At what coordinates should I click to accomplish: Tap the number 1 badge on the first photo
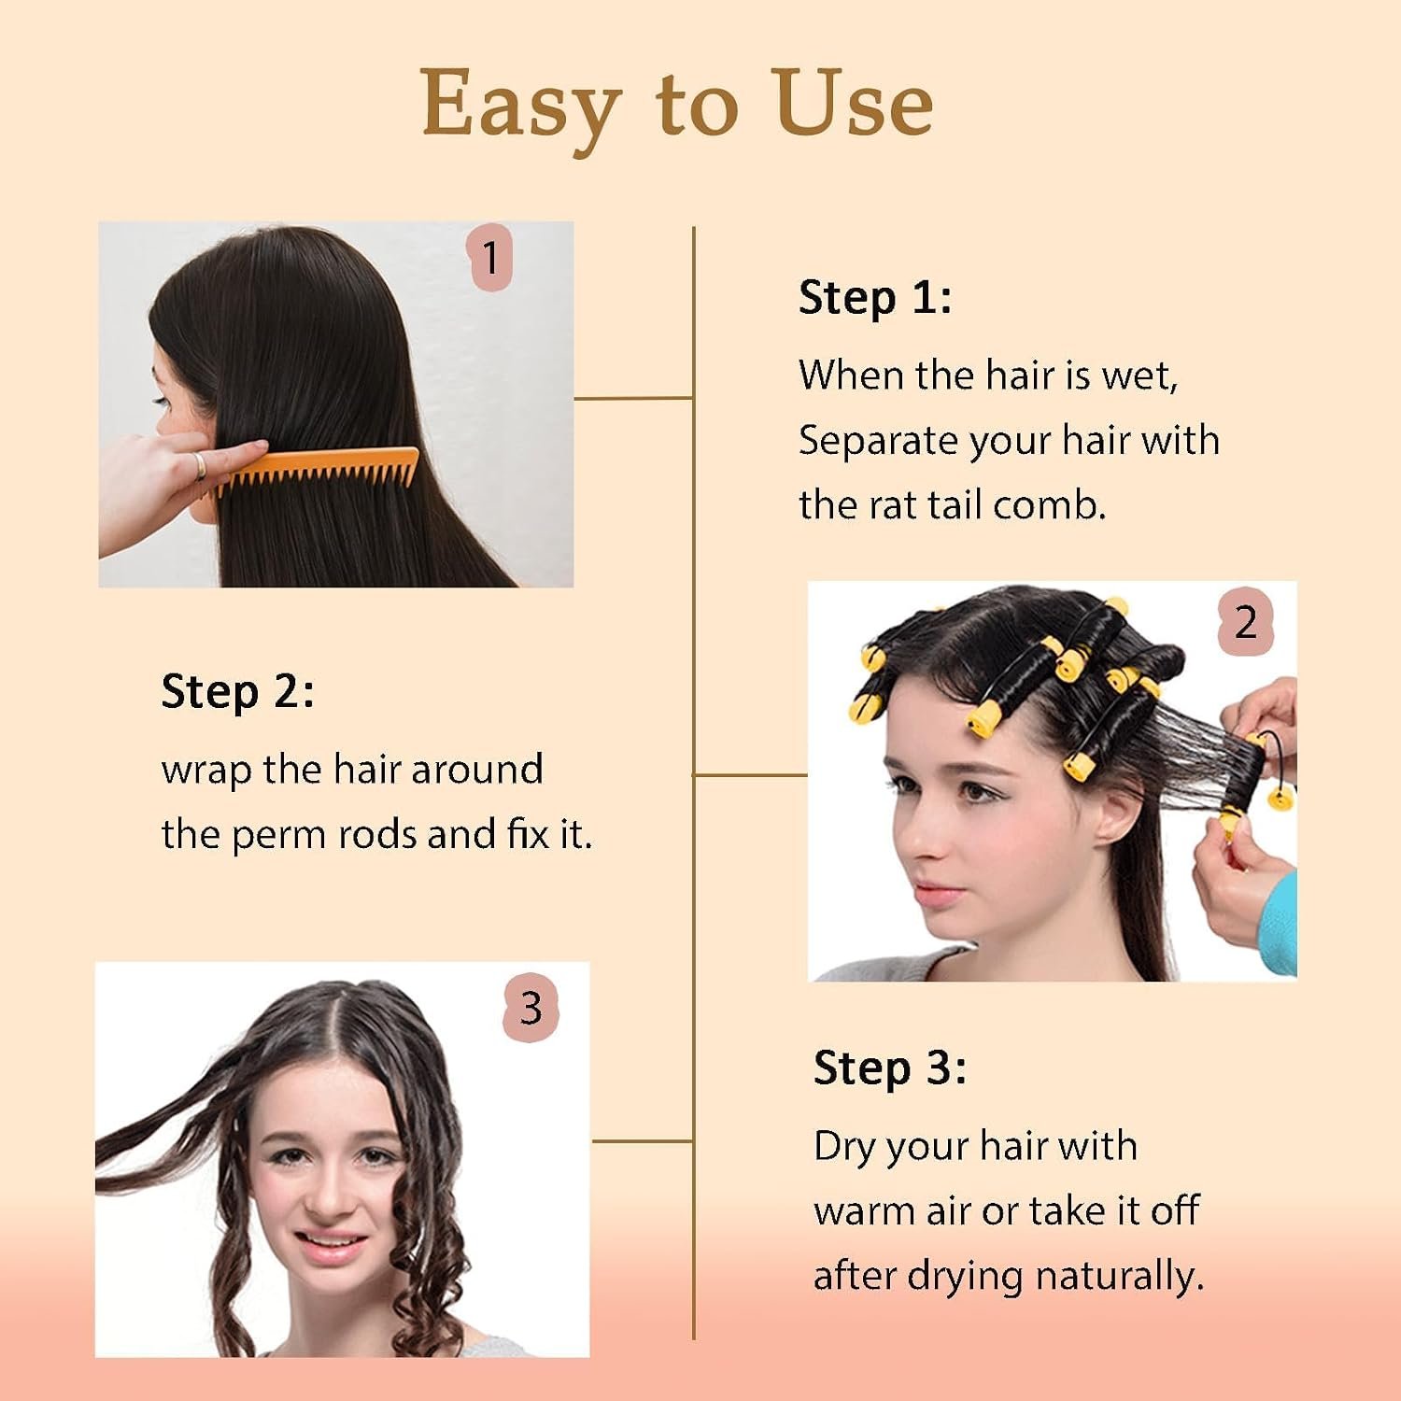tap(489, 257)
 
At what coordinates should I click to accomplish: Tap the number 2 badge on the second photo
tap(1246, 622)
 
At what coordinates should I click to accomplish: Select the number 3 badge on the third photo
tap(531, 1008)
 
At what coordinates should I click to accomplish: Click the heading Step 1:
tap(875, 299)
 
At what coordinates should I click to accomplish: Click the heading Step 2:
tap(237, 693)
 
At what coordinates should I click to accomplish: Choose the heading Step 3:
tap(890, 1068)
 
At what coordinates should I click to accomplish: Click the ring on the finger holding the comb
tap(200, 466)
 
